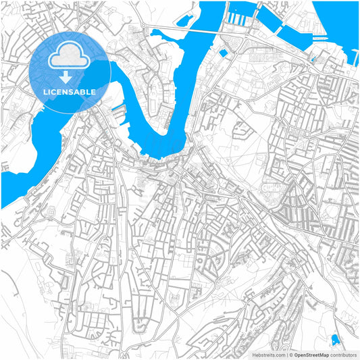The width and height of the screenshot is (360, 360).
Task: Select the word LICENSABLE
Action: point(68,91)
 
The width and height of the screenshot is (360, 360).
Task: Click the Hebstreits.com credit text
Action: point(269,354)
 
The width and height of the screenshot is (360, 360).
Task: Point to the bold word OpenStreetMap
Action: point(311,354)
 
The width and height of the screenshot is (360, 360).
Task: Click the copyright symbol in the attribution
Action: point(290,354)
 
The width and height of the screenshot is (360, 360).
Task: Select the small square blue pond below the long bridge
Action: point(224,53)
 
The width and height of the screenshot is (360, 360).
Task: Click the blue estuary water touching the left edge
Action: point(14,182)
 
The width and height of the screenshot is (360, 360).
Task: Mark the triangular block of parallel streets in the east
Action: point(297,196)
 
